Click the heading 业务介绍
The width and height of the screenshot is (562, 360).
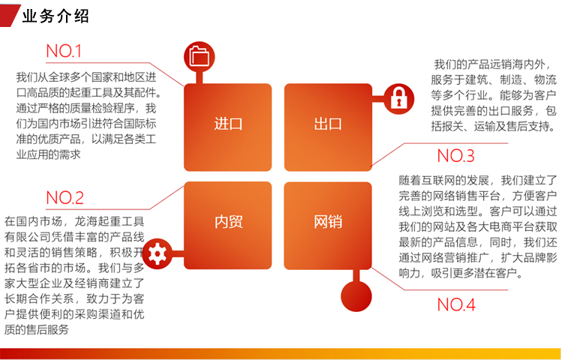56,16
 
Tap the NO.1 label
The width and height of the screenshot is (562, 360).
64,51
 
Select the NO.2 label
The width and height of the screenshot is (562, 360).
65,198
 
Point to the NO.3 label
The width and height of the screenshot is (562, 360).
456,156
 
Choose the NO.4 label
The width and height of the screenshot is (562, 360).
456,304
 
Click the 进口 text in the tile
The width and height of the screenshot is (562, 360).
228,124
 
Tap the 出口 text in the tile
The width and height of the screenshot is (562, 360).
328,124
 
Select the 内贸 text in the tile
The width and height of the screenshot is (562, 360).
228,222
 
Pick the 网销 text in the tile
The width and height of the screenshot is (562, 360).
328,222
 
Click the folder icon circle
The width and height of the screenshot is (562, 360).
200,56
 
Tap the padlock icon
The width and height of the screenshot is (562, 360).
399,99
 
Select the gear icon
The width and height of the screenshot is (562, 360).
158,253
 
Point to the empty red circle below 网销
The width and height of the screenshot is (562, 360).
356,296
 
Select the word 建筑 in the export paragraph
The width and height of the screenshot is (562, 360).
476,80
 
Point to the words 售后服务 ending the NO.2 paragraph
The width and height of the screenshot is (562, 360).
47,330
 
